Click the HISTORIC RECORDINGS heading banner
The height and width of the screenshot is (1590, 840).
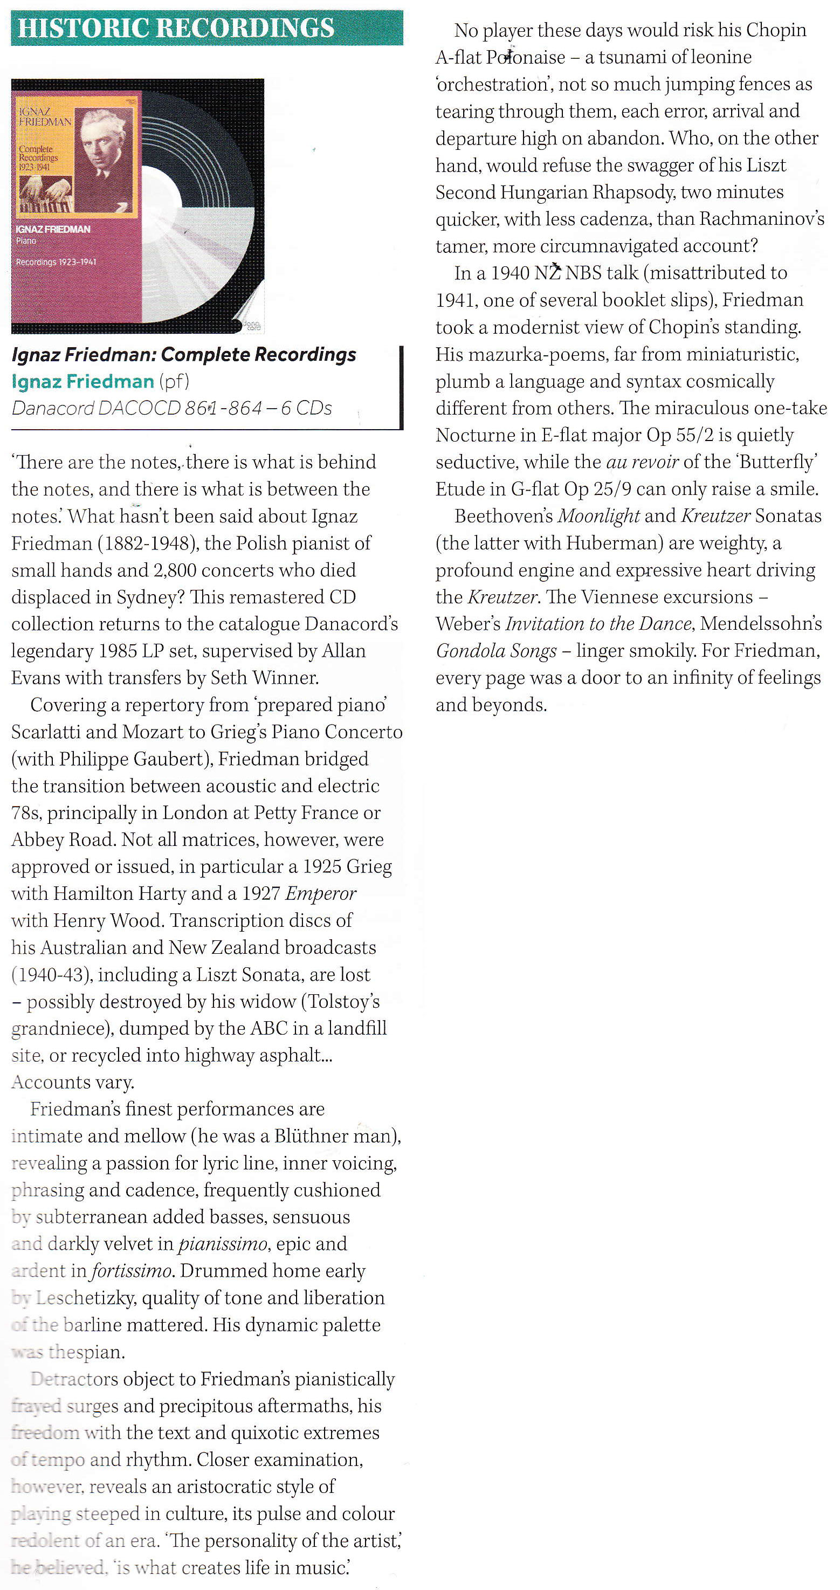coord(206,28)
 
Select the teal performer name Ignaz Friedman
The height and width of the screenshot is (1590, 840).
coord(82,381)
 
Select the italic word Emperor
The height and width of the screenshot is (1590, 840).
coord(320,894)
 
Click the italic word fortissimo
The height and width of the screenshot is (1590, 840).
coord(132,1271)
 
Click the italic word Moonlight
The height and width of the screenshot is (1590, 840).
coord(598,516)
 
